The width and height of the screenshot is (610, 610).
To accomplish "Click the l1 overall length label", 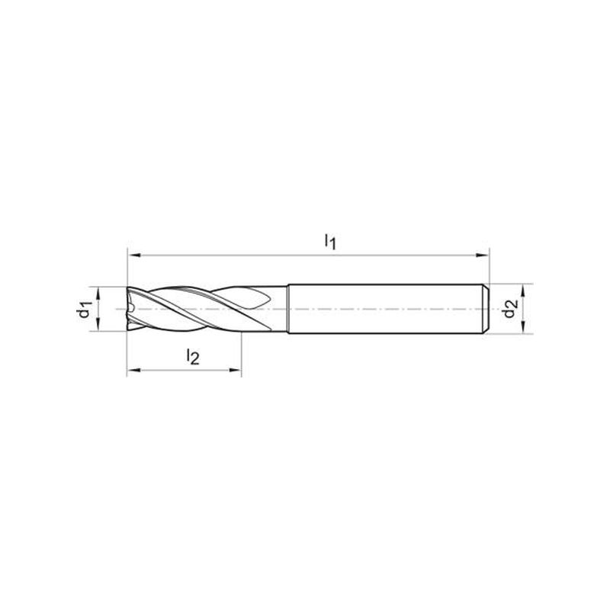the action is (330, 242).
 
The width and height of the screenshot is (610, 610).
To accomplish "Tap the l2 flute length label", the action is (193, 356).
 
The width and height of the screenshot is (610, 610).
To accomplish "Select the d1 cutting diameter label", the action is (85, 310).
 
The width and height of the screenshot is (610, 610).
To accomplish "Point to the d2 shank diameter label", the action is (511, 309).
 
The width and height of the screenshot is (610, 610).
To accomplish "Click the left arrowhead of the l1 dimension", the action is (134, 255).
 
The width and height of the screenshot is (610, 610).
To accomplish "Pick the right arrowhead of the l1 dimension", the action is (483, 255).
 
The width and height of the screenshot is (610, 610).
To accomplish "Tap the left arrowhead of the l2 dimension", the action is (134, 370).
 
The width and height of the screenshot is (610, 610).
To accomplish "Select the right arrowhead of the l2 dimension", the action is (235, 370).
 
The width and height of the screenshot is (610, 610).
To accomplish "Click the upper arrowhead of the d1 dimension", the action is (98, 294).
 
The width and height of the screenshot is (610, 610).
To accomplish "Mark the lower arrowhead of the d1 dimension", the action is (98, 325).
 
